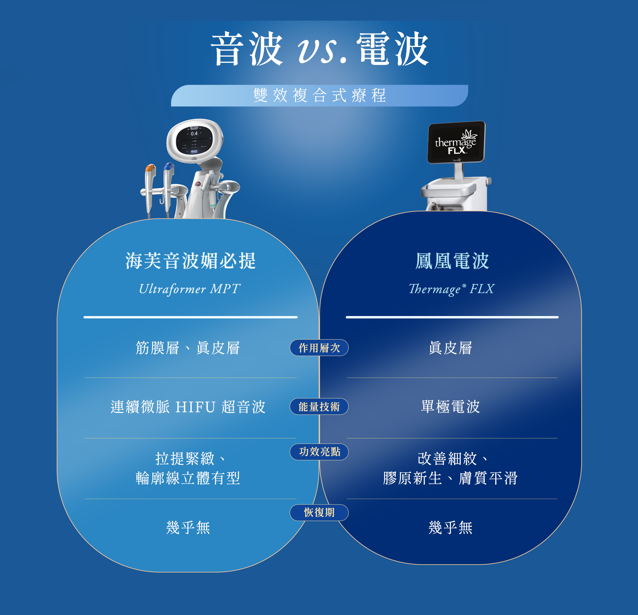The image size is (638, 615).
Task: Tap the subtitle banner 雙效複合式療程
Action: click(x=320, y=95)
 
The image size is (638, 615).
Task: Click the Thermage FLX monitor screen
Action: click(x=456, y=142)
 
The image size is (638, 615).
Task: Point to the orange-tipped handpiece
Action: click(x=150, y=182)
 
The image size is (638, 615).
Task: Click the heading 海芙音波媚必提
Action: click(x=191, y=261)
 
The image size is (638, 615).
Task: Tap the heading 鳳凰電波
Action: click(x=452, y=261)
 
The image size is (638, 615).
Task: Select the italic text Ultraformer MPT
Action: click(x=189, y=289)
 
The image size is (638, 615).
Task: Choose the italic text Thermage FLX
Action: click(x=451, y=289)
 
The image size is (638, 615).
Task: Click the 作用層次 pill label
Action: click(x=319, y=348)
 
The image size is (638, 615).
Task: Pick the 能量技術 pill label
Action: click(x=319, y=407)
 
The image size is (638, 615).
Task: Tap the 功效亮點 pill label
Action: click(x=319, y=452)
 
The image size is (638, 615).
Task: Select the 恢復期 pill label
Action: click(x=319, y=513)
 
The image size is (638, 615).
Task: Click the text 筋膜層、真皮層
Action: click(x=188, y=348)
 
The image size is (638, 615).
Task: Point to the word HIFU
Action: click(x=195, y=407)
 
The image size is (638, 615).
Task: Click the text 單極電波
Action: click(x=450, y=407)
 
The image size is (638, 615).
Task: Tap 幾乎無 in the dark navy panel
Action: click(x=450, y=527)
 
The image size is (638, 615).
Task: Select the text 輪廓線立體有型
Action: click(x=188, y=478)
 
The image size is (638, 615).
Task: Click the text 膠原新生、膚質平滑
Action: click(x=450, y=478)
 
